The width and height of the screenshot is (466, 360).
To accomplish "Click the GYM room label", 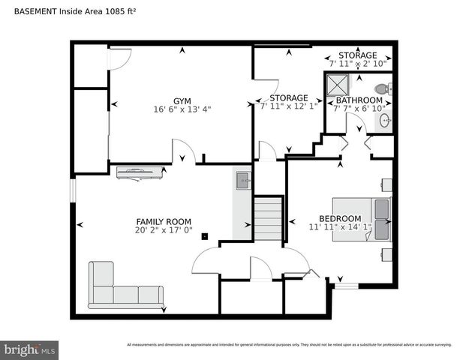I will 182,100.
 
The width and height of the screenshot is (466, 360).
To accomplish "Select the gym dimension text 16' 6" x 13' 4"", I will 182,109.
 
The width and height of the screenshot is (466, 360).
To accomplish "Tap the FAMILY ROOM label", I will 164,221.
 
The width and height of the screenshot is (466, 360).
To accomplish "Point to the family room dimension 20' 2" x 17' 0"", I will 164,230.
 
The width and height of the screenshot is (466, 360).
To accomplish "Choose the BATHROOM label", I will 359,100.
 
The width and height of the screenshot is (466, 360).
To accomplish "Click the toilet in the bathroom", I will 382,88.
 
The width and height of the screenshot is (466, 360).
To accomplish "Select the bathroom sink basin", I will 384,120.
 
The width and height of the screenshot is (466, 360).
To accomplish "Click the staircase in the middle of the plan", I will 268,217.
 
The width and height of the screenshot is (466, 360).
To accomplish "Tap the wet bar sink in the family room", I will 242,180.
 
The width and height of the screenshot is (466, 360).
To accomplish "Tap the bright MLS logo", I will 30,349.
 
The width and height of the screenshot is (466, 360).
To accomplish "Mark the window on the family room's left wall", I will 73,190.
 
